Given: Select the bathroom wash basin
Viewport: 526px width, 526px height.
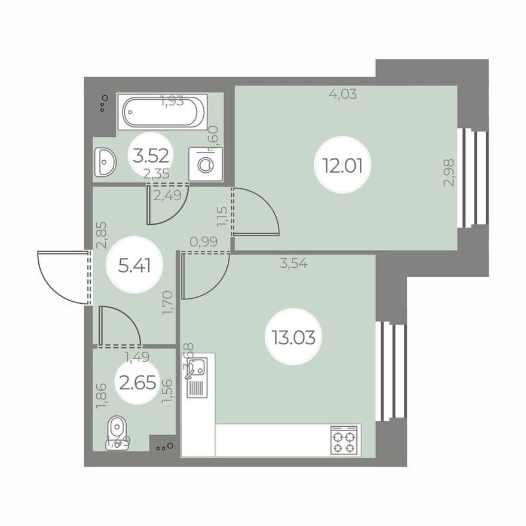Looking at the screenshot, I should click(x=106, y=162).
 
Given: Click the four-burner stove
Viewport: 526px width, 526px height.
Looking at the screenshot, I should click(x=344, y=441).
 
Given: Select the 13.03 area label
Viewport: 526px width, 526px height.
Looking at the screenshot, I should click(x=289, y=337).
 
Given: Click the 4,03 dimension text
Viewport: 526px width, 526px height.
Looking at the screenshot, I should click(x=343, y=94).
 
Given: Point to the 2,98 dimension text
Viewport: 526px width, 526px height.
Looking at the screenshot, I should click(x=449, y=173).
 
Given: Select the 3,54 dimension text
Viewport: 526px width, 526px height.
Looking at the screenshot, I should click(x=293, y=262).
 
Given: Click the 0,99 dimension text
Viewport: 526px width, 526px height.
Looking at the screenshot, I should click(x=203, y=241).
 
